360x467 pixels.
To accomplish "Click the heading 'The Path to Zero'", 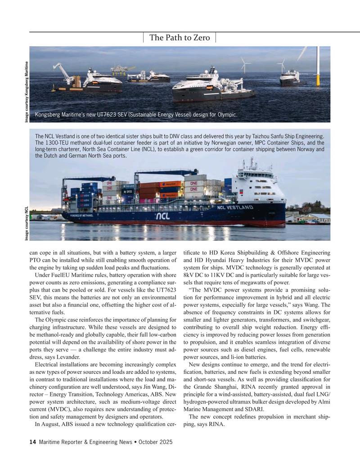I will pyautogui.click(x=180, y=38).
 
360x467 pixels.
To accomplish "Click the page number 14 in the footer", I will pyautogui.click(x=32, y=443).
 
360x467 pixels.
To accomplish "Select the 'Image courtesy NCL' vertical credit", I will pyautogui.click(x=27, y=221).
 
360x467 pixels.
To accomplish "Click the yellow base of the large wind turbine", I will pyautogui.click(x=316, y=80).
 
